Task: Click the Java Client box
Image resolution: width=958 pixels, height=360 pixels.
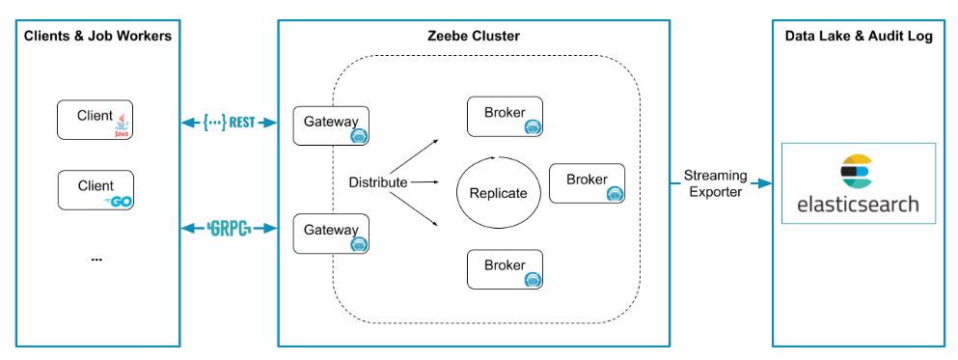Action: (x=95, y=119)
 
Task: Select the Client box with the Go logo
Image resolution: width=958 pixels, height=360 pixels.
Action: (x=96, y=190)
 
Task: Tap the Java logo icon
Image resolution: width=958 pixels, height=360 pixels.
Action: (x=123, y=125)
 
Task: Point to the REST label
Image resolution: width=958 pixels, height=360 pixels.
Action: (x=229, y=123)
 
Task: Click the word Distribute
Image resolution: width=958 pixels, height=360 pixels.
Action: (x=378, y=182)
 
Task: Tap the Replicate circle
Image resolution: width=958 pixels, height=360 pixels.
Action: (x=457, y=192)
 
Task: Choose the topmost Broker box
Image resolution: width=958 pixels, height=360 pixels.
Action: (x=505, y=116)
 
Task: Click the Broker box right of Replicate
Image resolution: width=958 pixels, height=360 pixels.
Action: (x=587, y=183)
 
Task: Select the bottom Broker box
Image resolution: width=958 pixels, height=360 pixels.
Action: (x=505, y=269)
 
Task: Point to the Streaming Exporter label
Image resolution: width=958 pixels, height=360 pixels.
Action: (x=716, y=184)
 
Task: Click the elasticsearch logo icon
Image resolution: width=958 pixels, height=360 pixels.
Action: (x=858, y=172)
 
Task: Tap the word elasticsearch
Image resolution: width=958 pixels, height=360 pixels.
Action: (x=858, y=204)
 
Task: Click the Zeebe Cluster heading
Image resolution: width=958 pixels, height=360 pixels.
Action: (x=474, y=36)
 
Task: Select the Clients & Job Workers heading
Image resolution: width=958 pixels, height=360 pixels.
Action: (x=97, y=36)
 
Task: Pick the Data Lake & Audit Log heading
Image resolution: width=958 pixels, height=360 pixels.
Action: (x=859, y=36)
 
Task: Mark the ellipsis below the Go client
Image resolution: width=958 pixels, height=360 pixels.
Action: (x=96, y=260)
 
